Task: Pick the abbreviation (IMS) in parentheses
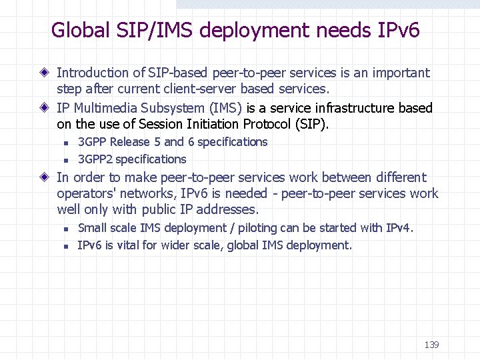tap(226, 108)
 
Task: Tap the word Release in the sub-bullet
tap(130, 142)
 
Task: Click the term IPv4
tap(399, 228)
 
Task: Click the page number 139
tap(431, 345)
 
